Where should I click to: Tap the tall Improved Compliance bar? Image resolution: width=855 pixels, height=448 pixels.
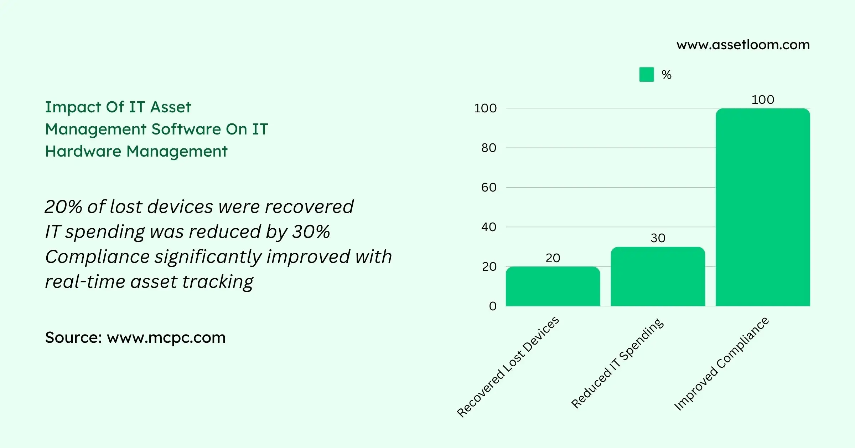coord(763,207)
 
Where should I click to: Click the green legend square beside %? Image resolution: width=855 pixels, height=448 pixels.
coord(646,75)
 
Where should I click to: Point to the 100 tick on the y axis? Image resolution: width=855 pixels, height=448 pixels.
coord(485,108)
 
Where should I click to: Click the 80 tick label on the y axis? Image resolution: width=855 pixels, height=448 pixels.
coord(488,148)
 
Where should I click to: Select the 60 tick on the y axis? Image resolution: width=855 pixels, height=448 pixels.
coord(488,188)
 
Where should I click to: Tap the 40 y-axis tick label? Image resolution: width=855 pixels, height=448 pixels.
coord(488,227)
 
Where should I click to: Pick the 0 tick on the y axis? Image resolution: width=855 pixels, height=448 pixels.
coord(493,306)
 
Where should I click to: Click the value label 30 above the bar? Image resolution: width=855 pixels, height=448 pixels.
coord(658,238)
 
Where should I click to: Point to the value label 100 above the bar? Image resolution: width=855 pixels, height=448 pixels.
coord(763,100)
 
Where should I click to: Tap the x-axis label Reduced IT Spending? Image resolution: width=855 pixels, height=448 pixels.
coord(618,363)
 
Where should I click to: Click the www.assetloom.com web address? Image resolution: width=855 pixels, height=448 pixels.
coord(743,45)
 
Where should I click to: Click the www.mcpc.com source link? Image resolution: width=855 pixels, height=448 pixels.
coord(166,337)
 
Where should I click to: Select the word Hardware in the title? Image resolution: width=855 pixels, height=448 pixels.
coord(83,151)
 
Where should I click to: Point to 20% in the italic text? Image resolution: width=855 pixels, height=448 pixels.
coord(63,207)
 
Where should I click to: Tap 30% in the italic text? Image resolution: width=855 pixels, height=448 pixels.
coord(311,232)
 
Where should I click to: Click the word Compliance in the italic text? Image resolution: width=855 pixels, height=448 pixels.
coord(97,257)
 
